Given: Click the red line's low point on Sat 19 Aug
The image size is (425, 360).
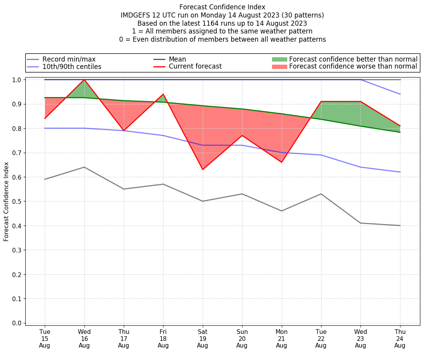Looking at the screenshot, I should coord(202,169).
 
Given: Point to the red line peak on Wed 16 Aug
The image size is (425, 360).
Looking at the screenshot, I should coord(84,79).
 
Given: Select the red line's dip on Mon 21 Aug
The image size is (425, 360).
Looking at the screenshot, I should coord(281,162).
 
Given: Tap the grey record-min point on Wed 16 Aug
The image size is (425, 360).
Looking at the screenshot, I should coord(84,167).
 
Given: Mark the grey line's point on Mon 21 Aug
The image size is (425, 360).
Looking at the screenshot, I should coord(281,211).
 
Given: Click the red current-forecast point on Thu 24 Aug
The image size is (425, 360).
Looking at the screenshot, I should coord(400,126).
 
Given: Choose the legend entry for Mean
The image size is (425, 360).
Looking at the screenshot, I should coord(177,59).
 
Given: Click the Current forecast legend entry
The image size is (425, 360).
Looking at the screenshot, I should coord(195,67).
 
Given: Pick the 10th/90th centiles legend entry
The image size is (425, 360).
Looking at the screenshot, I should coord(72,67).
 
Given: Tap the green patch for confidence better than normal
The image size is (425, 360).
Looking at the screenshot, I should coord(279,59).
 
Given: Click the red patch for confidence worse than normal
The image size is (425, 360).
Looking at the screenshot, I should coord(279,67).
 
